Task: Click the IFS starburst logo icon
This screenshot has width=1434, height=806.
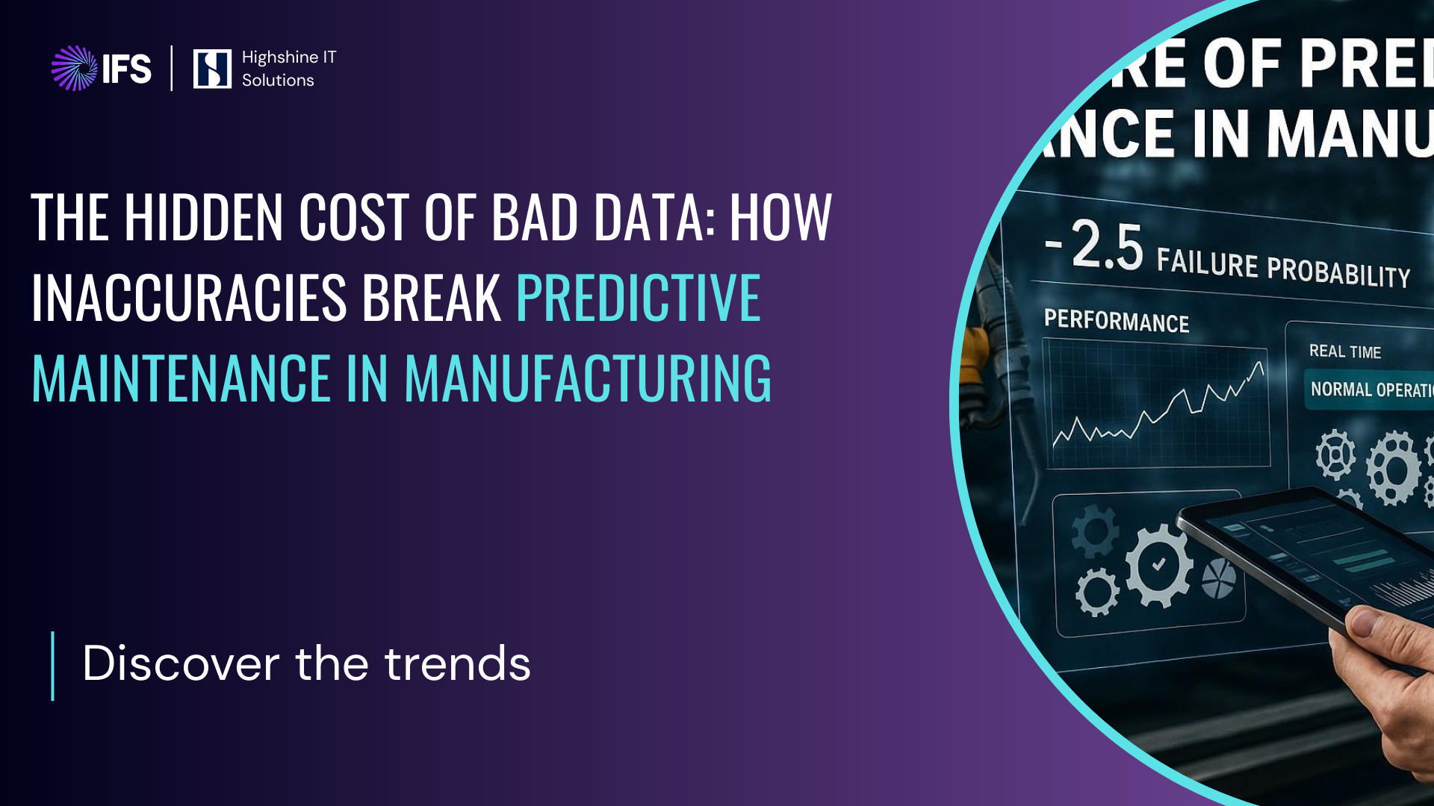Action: [74, 68]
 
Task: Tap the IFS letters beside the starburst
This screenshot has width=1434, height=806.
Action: [127, 69]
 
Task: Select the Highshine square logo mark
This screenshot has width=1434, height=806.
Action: [212, 69]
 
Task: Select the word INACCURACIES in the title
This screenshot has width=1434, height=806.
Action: [188, 298]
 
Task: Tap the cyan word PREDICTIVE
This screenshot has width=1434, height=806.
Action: [638, 298]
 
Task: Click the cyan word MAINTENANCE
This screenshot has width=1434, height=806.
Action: [181, 378]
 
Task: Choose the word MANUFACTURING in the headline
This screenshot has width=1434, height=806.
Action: [587, 378]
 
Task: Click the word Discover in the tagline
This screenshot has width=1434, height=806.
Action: [181, 663]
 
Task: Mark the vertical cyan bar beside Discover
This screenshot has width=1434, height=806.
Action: [52, 666]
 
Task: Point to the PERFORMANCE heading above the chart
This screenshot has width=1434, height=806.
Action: [1116, 321]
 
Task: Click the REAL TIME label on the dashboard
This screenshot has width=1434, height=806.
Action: [1344, 352]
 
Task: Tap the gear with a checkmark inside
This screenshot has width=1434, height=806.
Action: [1158, 565]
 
